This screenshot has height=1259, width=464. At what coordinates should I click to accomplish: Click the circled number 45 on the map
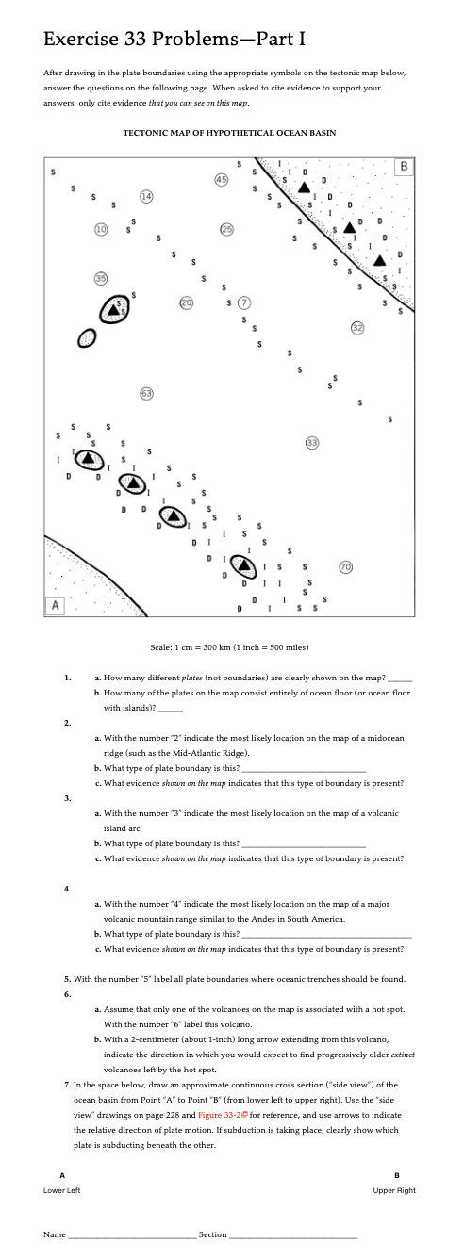pos(221,180)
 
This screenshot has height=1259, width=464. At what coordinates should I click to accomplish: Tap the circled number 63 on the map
pos(146,394)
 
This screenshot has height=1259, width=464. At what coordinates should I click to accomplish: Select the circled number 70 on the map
pos(345,567)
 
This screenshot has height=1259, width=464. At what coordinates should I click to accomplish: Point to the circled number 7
pos(243,302)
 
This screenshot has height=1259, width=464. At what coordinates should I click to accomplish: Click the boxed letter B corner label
pos(404,167)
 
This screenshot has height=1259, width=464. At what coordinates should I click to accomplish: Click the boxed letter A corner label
pos(55,605)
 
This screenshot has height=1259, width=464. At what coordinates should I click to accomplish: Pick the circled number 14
pos(146,197)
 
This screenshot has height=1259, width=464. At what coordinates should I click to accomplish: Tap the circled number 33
pos(312,443)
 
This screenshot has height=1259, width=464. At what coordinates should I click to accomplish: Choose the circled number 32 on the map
pos(357,328)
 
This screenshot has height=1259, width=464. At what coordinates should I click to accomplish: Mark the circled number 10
pos(101,229)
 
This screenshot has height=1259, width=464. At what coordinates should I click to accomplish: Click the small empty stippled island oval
pos(86,337)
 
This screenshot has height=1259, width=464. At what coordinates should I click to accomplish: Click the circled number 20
pos(186,302)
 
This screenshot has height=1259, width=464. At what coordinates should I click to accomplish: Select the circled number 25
pos(226,229)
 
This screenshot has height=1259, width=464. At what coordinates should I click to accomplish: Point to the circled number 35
pos(101,278)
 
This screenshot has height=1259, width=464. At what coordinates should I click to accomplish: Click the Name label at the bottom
pos(55,1234)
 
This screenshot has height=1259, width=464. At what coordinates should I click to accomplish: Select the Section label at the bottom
pos(212,1234)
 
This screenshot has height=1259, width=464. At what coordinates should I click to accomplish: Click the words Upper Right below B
pos(394,1190)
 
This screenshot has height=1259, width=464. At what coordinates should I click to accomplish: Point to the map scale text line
pos(229,647)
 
